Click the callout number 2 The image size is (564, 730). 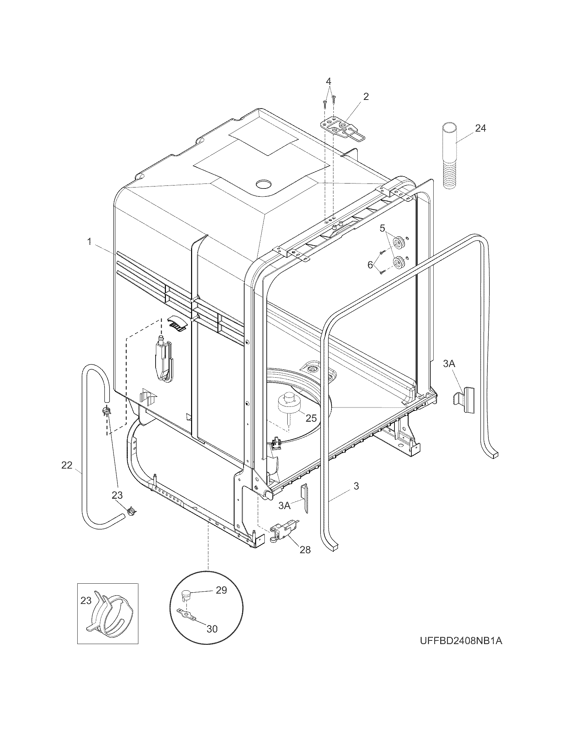pyautogui.click(x=366, y=97)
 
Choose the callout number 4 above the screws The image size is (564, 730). pyautogui.click(x=329, y=81)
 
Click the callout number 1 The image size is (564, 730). pyautogui.click(x=90, y=242)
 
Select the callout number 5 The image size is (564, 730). pyautogui.click(x=383, y=229)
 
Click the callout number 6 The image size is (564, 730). pyautogui.click(x=370, y=265)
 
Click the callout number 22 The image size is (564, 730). pyautogui.click(x=67, y=465)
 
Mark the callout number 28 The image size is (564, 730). pyautogui.click(x=305, y=549)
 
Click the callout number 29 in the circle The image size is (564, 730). pyautogui.click(x=221, y=590)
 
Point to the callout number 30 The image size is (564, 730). pyautogui.click(x=212, y=629)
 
